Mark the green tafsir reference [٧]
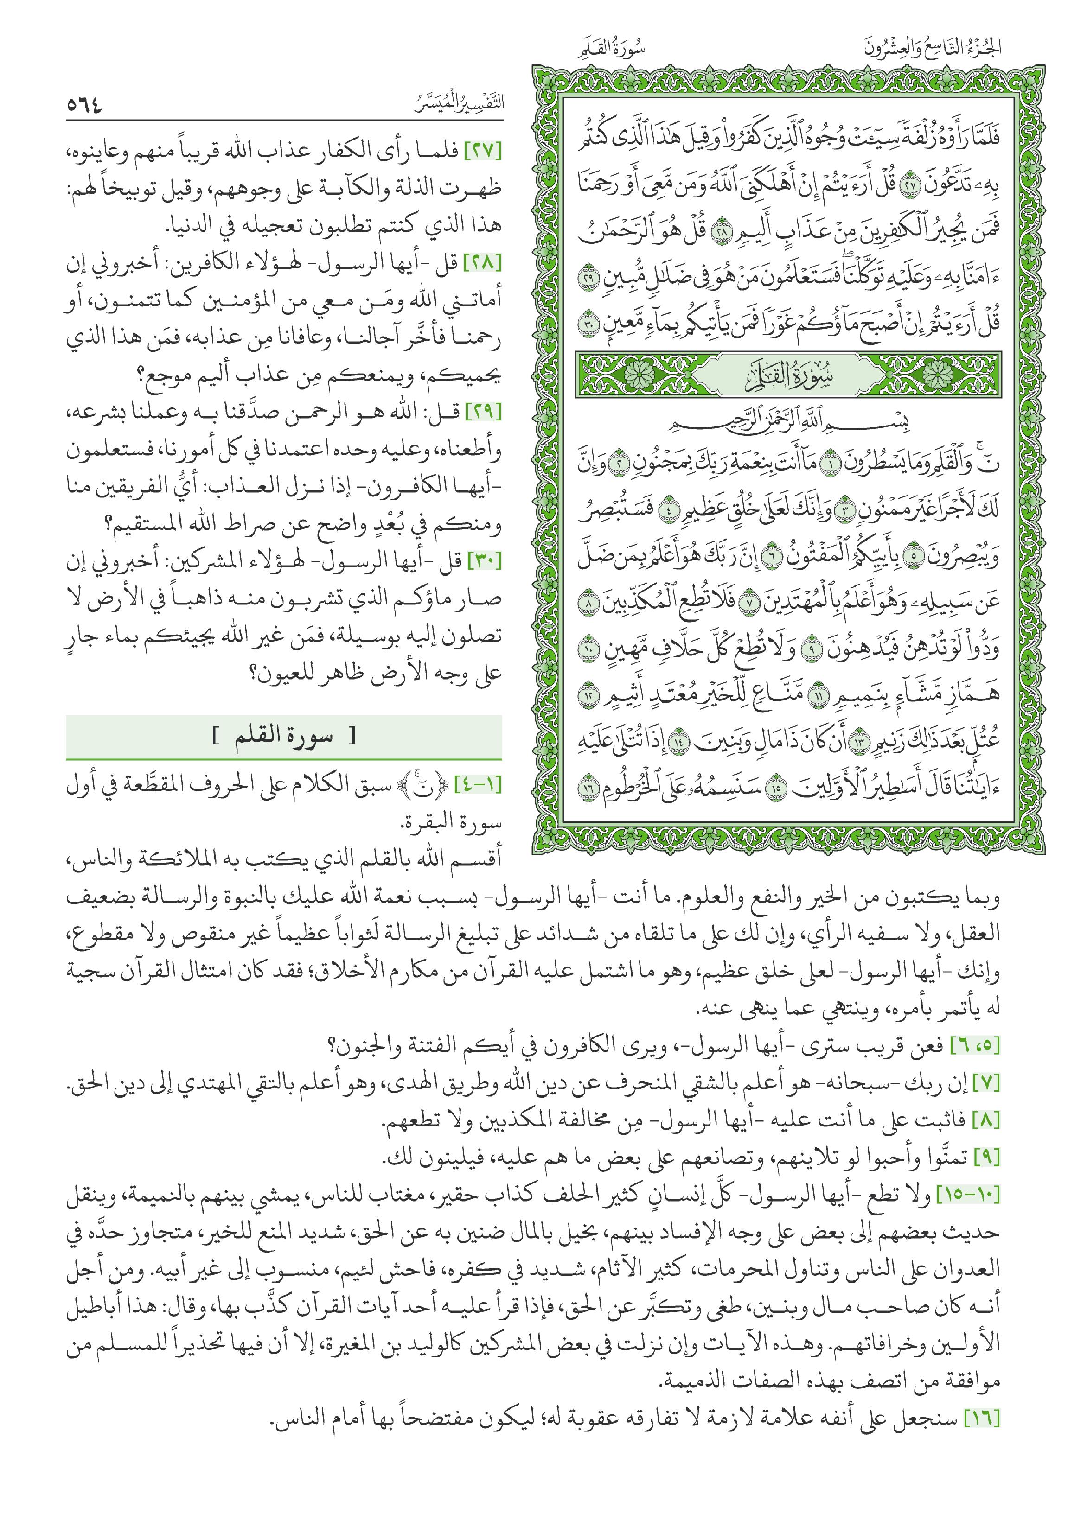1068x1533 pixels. [987, 1084]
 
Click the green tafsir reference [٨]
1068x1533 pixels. [987, 1122]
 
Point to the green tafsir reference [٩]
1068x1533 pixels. [987, 1159]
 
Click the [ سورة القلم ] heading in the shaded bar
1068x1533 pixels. [284, 738]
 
